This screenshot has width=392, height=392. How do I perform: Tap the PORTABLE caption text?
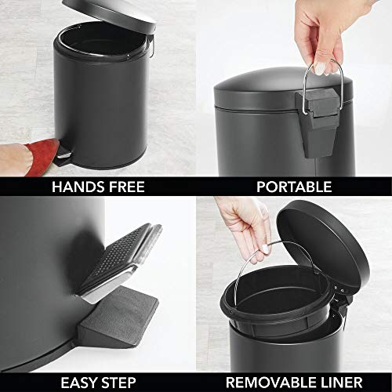click(x=294, y=187)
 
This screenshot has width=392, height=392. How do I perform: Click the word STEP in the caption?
click(x=123, y=383)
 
